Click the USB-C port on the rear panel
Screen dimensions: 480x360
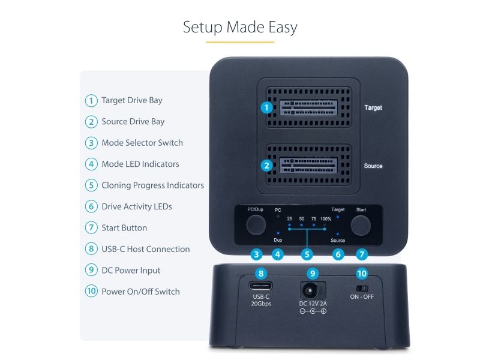261,286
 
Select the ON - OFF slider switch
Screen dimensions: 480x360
362,289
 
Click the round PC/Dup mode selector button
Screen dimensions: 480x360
256,224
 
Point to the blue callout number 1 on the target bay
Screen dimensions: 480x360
266,107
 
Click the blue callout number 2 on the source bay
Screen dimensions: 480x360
266,166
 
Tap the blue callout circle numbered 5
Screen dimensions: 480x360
307,254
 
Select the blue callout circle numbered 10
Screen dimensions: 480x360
362,274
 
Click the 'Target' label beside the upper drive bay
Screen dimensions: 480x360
373,108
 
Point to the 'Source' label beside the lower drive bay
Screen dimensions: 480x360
373,166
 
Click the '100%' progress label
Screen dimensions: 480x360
326,219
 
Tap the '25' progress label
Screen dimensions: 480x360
290,218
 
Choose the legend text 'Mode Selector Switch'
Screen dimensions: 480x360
142,143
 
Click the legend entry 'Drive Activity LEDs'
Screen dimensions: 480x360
137,206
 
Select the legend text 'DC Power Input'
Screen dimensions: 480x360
131,271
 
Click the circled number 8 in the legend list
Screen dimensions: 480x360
91,249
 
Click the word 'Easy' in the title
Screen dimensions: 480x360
283,28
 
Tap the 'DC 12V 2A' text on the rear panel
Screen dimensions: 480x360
313,304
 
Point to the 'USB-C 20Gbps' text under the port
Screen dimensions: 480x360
261,301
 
